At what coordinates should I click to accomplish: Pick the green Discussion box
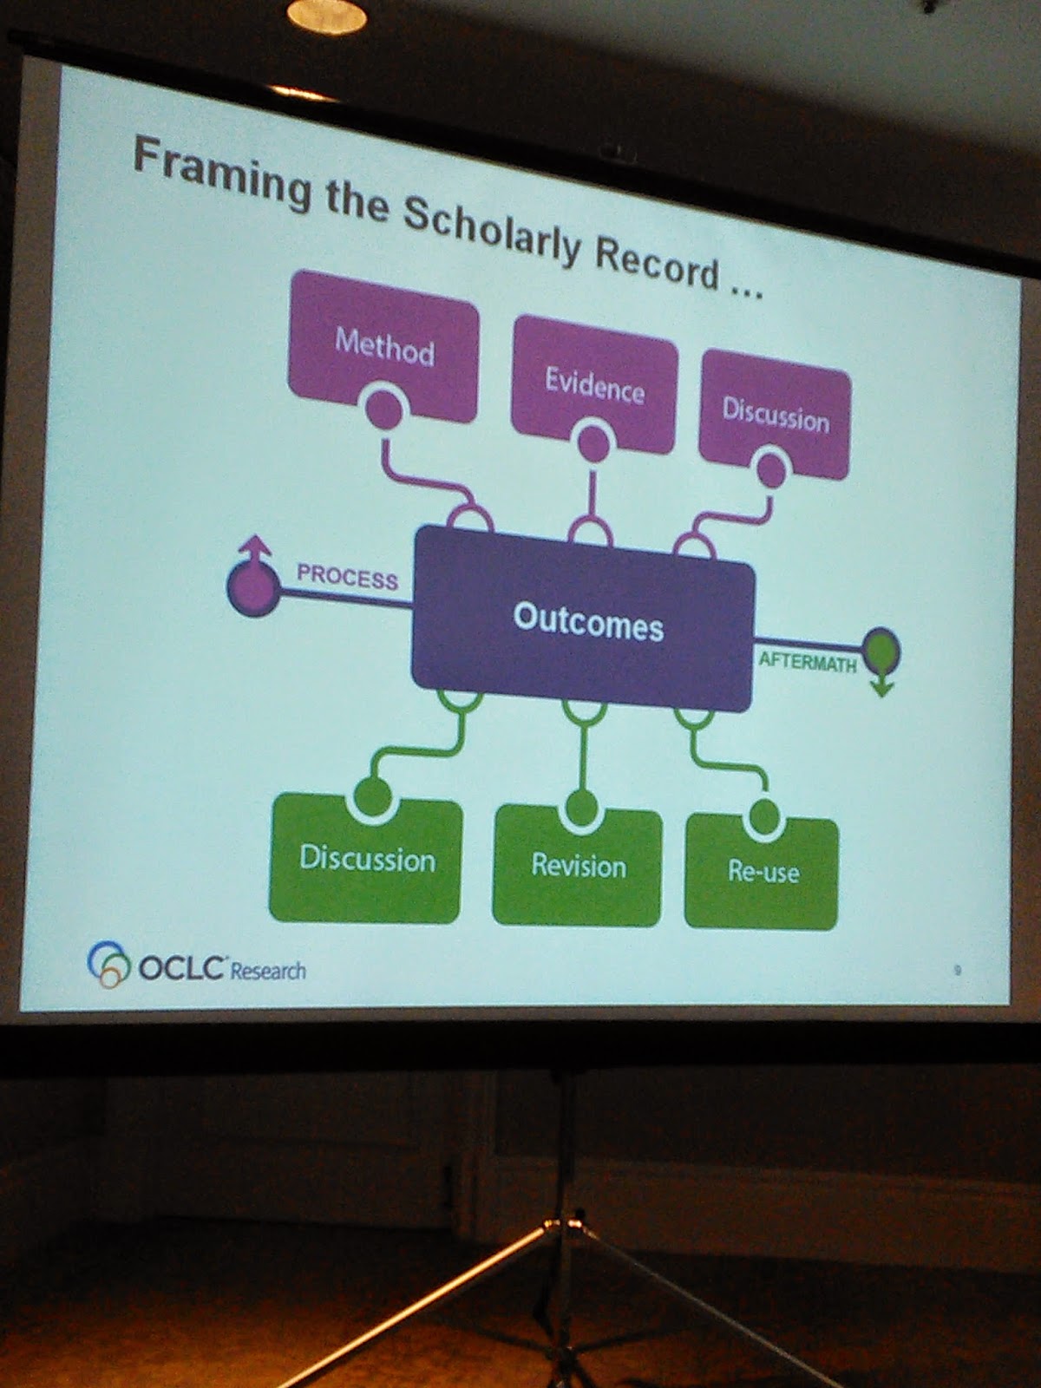click(366, 859)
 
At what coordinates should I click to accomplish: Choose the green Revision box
click(578, 867)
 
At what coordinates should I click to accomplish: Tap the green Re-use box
click(763, 872)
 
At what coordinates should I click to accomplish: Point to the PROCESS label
click(347, 576)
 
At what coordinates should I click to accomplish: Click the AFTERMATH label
click(807, 662)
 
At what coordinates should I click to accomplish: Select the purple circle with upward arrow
click(252, 585)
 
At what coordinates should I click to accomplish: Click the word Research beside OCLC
click(268, 971)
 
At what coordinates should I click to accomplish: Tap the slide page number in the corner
click(957, 970)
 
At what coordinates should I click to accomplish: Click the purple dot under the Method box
click(383, 409)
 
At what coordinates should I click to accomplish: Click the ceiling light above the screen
click(326, 15)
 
